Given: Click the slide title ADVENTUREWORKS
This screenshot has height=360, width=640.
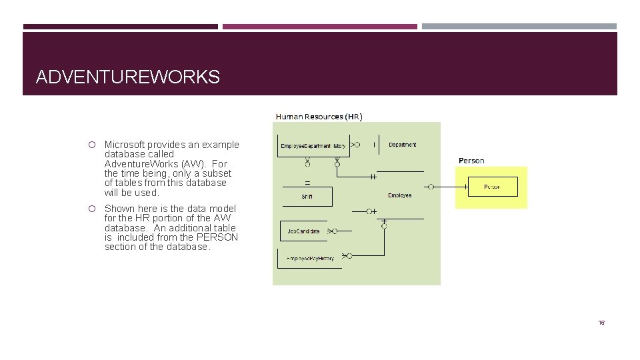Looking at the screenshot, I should pos(127,77).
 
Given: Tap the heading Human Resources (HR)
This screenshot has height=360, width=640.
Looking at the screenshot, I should pos(319,117).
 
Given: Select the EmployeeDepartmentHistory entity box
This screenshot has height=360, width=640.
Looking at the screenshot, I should pos(313,145).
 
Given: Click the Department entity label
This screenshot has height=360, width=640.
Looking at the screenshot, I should pos(402,145).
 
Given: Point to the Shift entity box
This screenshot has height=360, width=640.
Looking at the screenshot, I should pos(307,197).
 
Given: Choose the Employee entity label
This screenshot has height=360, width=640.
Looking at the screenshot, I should pos(400,195).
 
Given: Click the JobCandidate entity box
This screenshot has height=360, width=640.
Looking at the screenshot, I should pos(303,231).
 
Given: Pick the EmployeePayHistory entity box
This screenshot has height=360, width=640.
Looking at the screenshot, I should pos(310,258).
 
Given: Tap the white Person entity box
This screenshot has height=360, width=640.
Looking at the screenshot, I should pos(492,187).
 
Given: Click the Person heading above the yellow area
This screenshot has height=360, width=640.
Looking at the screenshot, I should pos(471,161).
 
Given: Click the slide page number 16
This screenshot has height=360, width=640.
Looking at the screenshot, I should pos(601,323).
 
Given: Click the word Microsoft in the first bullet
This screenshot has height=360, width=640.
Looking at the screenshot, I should pos(125,145).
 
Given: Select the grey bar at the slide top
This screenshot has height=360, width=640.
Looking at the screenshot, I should pos(519,27).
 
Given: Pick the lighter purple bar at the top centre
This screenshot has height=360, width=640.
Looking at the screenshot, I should pos(319,27).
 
